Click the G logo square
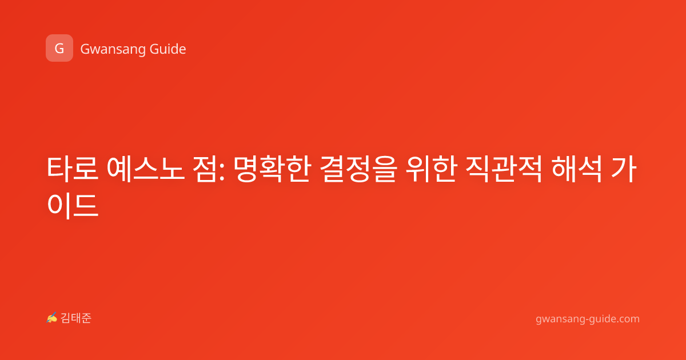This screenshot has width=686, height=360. [59, 48]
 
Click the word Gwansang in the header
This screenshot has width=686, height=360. [113, 49]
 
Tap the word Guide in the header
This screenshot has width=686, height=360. [168, 49]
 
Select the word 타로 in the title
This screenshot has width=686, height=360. [73, 169]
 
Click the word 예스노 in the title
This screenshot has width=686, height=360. [145, 169]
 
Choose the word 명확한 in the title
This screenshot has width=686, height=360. [272, 169]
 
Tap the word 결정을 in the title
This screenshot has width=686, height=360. [358, 169]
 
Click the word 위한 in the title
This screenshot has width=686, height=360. [431, 169]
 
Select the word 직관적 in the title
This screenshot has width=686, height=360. [504, 169]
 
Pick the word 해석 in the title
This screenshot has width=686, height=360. [577, 169]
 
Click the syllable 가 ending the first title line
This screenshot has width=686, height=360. [624, 169]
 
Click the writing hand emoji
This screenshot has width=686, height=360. [52, 318]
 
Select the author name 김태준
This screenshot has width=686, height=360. [76, 318]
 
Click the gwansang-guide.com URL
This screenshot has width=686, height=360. [588, 319]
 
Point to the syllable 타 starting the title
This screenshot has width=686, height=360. [59, 169]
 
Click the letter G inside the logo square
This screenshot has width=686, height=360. [59, 49]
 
